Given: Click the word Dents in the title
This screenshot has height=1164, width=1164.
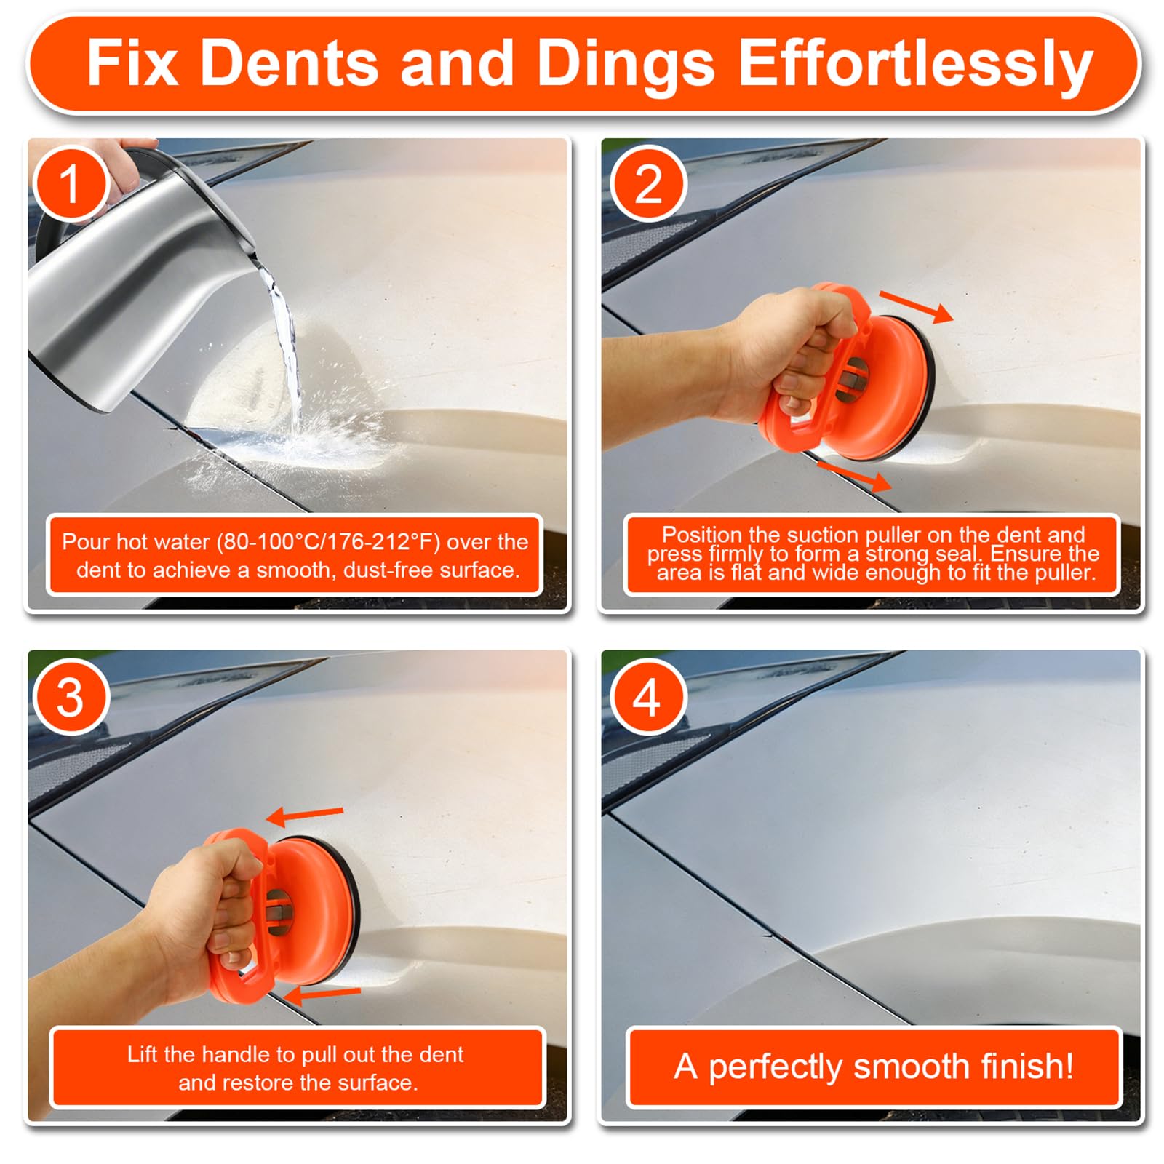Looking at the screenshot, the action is (x=289, y=63).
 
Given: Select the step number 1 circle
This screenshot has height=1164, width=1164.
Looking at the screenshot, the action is (x=71, y=183).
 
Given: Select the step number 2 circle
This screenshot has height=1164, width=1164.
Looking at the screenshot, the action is (x=648, y=183).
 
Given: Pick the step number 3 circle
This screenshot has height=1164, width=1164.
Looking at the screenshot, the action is (x=71, y=697).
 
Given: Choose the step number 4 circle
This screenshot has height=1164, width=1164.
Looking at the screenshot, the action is (x=648, y=697).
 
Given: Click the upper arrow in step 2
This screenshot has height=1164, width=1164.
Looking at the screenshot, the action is (x=916, y=306).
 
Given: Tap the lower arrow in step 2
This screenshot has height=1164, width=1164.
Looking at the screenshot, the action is (x=854, y=476).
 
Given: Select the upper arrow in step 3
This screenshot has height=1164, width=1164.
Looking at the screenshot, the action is (x=305, y=816).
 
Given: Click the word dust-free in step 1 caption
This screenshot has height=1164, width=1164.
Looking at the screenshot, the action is (x=388, y=570).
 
